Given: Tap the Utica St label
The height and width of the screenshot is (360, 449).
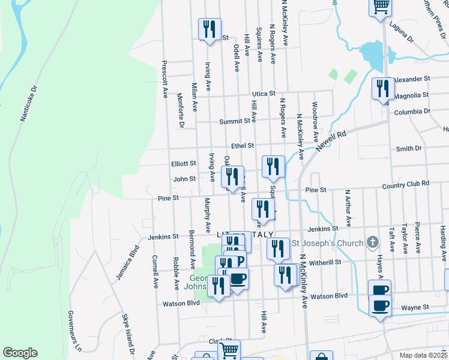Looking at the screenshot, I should pyautogui.click(x=263, y=94).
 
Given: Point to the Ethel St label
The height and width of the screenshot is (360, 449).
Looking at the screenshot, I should pyautogui.click(x=243, y=145).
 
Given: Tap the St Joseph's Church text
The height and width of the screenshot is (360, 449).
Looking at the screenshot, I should pyautogui.click(x=327, y=243).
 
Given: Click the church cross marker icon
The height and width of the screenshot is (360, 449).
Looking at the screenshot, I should pyautogui.click(x=372, y=243).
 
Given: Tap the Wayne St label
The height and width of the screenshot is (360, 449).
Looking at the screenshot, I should pyautogui.click(x=415, y=307).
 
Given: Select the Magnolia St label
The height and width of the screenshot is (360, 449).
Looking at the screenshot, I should pyautogui.click(x=411, y=95).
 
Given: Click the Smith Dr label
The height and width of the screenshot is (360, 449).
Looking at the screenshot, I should pyautogui.click(x=409, y=148).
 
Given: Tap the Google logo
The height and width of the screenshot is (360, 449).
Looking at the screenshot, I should pyautogui.click(x=20, y=353).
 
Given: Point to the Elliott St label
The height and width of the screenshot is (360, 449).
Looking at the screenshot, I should pyautogui.click(x=184, y=163).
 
